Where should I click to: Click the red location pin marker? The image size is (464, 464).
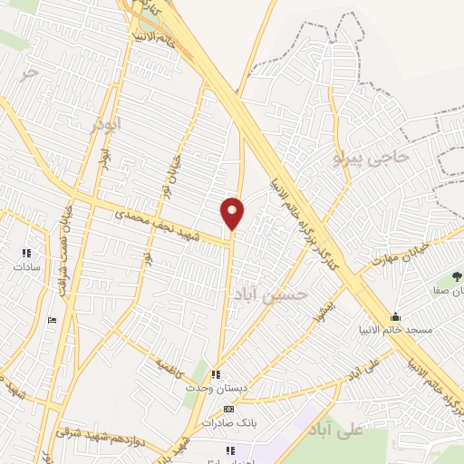[233, 213]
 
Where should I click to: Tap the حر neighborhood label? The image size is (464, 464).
[31, 72]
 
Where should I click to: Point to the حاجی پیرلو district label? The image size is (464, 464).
[372, 157]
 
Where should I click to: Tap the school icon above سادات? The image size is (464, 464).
[25, 253]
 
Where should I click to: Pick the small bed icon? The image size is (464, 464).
[52, 320]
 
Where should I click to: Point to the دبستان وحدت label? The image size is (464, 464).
[216, 388]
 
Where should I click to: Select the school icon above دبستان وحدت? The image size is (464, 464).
[216, 374]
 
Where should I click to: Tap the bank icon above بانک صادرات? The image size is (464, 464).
[228, 409]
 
